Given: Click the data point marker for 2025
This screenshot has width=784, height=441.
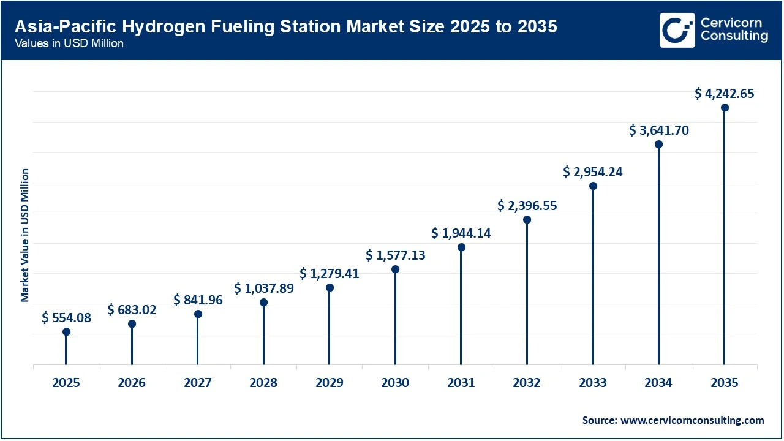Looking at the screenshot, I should (x=66, y=332).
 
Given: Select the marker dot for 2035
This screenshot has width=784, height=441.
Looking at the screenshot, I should (x=725, y=108).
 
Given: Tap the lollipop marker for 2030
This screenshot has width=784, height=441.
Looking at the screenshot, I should (x=395, y=269).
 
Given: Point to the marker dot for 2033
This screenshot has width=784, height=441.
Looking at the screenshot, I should (x=593, y=186).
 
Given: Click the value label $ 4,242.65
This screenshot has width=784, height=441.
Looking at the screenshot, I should (x=725, y=94).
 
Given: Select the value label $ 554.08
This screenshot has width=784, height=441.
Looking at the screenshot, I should (x=66, y=318).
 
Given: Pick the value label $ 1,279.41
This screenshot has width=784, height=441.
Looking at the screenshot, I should (x=330, y=274).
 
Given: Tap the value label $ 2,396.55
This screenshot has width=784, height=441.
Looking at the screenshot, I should (x=527, y=205).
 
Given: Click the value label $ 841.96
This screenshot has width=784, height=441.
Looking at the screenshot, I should (x=198, y=300).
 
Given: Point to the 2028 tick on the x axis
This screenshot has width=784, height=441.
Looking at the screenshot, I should (x=263, y=383).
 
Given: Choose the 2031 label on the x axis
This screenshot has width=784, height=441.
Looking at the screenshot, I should (x=461, y=383).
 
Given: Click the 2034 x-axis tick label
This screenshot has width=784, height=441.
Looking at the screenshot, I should (x=658, y=383).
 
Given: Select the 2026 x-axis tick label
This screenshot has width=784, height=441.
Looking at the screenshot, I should (x=132, y=383).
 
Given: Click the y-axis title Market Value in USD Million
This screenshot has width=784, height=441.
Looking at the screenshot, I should (x=25, y=235).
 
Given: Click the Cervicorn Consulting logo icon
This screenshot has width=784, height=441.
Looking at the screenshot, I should (x=677, y=30).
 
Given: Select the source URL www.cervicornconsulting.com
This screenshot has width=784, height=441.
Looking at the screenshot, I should (x=692, y=420).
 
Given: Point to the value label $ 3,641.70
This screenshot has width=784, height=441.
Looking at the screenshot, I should (x=659, y=130).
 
